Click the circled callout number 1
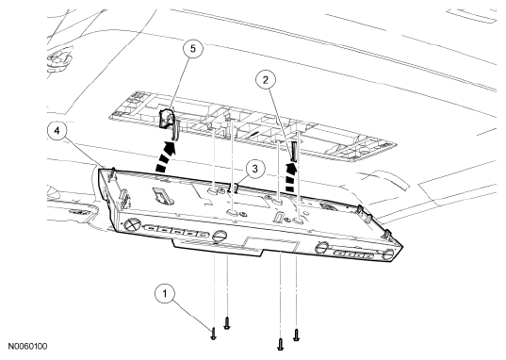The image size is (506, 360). pyautogui.click(x=165, y=294)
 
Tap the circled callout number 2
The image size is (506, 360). pyautogui.click(x=266, y=80)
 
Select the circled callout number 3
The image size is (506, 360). pyautogui.click(x=255, y=169)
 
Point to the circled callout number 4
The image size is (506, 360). pyautogui.click(x=57, y=131)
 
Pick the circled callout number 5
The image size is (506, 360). pyautogui.click(x=192, y=49)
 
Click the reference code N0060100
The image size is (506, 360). pyautogui.click(x=27, y=347)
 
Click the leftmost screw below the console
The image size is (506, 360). pyautogui.click(x=213, y=334)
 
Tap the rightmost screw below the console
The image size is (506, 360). pyautogui.click(x=296, y=335)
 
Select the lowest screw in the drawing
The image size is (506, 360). pyautogui.click(x=281, y=344)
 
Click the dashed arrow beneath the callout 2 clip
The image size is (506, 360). pyautogui.click(x=291, y=178)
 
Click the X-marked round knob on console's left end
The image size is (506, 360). pyautogui.click(x=132, y=223)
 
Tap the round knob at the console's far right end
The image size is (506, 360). pyautogui.click(x=387, y=254)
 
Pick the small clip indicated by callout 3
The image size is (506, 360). pyautogui.click(x=233, y=188)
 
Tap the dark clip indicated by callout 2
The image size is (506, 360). pyautogui.click(x=294, y=151)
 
